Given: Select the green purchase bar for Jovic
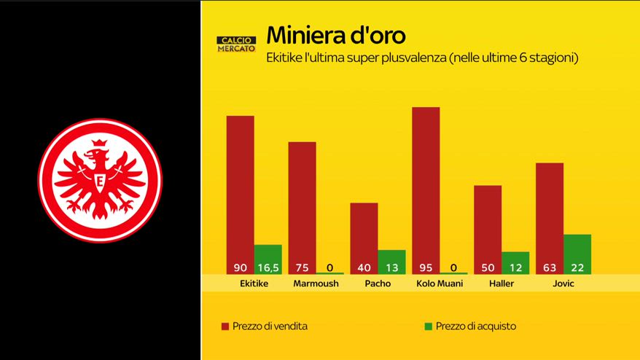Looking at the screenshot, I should [x=577, y=248].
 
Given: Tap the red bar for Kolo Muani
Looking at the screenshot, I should [x=426, y=182].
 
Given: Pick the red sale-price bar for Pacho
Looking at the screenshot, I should [x=364, y=230].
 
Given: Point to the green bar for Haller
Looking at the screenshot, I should [x=515, y=257].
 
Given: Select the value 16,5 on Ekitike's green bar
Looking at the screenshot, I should [x=268, y=267].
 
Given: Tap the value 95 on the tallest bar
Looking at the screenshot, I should [x=426, y=267].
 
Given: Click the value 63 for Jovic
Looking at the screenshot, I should [x=549, y=267].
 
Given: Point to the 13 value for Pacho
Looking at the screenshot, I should [x=391, y=267].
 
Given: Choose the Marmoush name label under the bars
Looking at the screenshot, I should [x=316, y=283].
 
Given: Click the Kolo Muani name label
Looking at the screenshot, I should [x=440, y=283].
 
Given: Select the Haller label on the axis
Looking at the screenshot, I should [x=502, y=283].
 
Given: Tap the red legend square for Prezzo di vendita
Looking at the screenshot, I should [x=225, y=326].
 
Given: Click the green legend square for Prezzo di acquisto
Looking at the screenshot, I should [x=428, y=326].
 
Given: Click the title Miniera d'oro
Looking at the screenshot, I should [x=336, y=35].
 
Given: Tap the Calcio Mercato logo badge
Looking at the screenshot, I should [x=236, y=44].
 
